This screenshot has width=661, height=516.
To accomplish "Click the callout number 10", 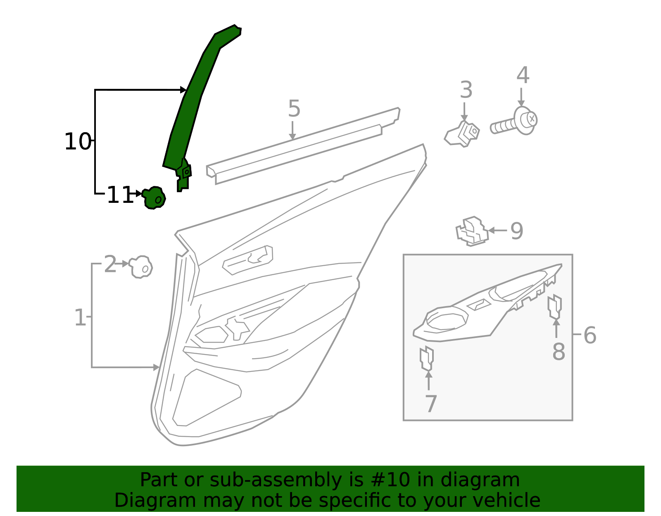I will click(77, 142).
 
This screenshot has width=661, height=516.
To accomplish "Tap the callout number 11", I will click(119, 195).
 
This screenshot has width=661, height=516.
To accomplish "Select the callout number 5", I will click(294, 109).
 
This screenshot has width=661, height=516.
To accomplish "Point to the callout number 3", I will click(466, 90).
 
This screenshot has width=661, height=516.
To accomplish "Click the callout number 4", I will click(523, 76).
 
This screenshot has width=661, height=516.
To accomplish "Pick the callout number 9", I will click(516, 231).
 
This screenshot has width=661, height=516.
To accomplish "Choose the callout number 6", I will click(590, 335).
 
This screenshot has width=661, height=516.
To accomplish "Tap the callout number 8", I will click(559, 352).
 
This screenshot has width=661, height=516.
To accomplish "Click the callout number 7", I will click(430, 404).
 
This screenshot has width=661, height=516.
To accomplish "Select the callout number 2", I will click(110, 264).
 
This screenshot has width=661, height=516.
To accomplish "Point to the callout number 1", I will click(80, 318).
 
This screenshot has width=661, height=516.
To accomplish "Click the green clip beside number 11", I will click(154, 197).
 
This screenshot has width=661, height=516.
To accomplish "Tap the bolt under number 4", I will click(514, 121).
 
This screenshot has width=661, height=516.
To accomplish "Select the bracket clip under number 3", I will click(463, 133).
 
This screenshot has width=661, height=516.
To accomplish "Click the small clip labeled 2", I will click(140, 267).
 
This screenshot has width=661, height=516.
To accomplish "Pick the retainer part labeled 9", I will click(472, 231).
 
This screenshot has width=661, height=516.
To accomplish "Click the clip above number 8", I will click(554, 307).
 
